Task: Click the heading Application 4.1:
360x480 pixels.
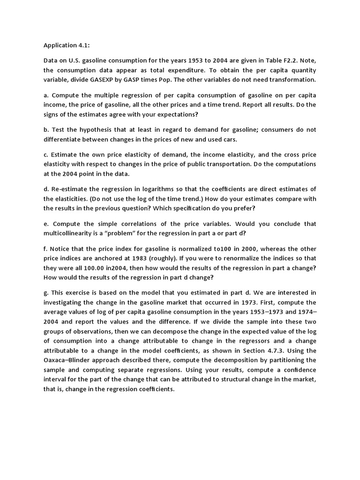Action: pyautogui.click(x=67, y=45)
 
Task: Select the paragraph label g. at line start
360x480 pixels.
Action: pyautogui.click(x=46, y=293)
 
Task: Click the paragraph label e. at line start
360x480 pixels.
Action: pyautogui.click(x=46, y=224)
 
